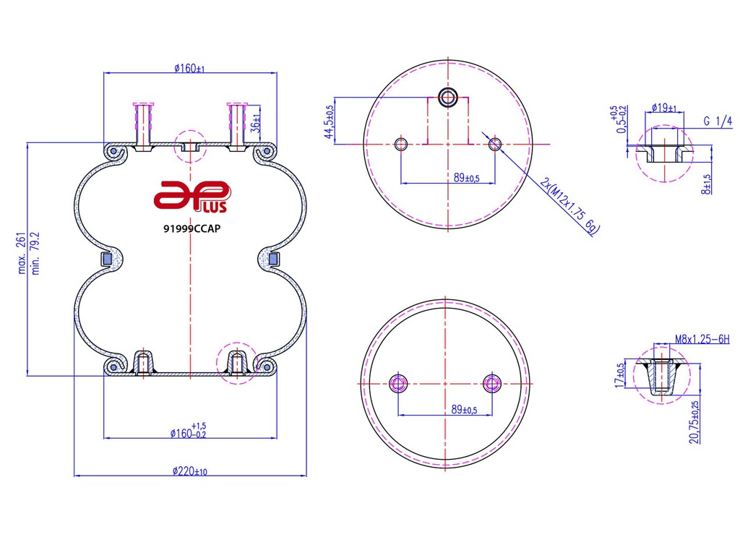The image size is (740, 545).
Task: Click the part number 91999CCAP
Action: (192, 229)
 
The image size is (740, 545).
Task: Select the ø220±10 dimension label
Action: (190, 471)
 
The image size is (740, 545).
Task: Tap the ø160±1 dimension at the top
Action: (189, 69)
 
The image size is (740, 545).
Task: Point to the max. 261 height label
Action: (21, 253)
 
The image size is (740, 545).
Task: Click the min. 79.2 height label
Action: (35, 253)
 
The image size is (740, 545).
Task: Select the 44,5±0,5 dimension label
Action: (329, 121)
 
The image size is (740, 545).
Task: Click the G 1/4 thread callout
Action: (718, 121)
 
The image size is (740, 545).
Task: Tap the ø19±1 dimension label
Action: (664, 108)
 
